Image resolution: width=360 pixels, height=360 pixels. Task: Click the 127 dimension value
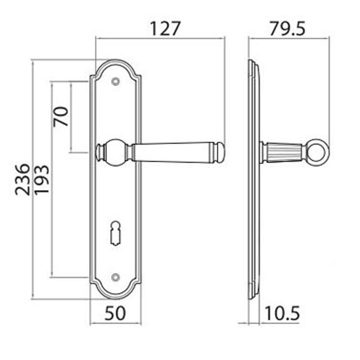(x=165, y=29)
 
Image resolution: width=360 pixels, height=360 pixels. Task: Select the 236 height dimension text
(x=23, y=180)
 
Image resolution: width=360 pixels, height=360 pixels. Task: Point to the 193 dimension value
(x=42, y=180)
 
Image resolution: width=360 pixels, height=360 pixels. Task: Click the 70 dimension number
(x=61, y=117)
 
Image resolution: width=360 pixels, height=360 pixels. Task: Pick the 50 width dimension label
(x=115, y=313)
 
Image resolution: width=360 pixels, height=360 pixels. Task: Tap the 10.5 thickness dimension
(x=282, y=313)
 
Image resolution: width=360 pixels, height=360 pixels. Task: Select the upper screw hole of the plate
(x=116, y=81)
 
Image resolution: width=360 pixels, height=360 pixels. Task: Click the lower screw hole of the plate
(x=116, y=277)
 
